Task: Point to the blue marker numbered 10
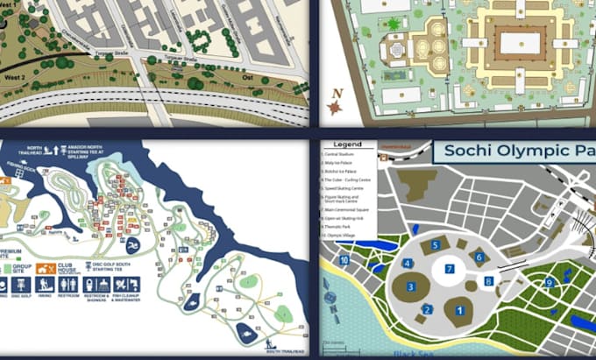[344, 259]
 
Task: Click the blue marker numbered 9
[549, 281]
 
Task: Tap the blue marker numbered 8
[488, 282]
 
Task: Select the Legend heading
[348, 144]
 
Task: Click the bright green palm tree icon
[394, 23]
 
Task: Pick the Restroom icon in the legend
[68, 286]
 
